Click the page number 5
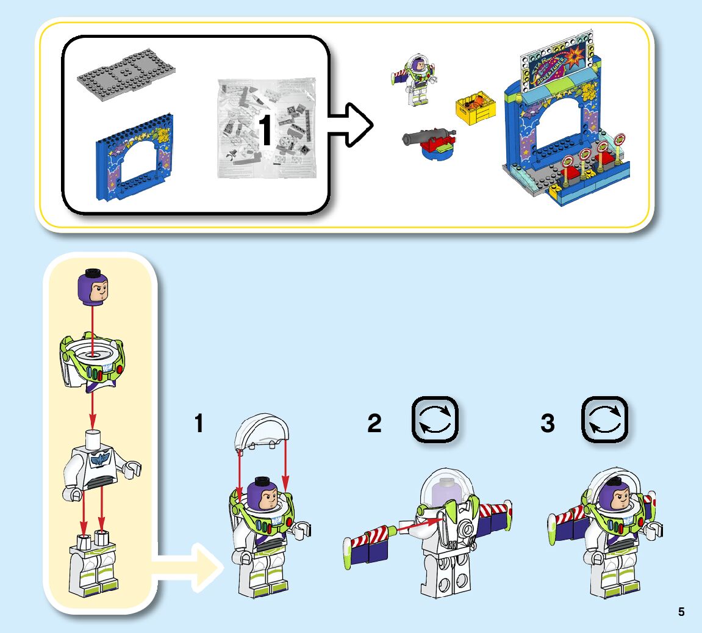pos(681,612)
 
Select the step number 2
pos(374,424)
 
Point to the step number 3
pos(548,424)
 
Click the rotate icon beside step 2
pos(435,420)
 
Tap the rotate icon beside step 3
pos(604,420)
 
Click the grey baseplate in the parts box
pos(126,74)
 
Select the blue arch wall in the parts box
pos(134,162)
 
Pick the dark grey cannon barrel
pos(424,137)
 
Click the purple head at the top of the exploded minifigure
pos(93,289)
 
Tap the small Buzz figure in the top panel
pos(415,79)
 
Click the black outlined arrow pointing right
pos(350,125)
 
